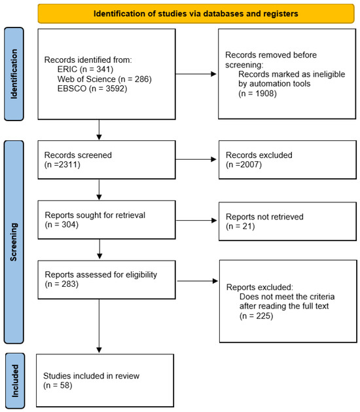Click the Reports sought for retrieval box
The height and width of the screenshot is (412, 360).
[98, 219]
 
